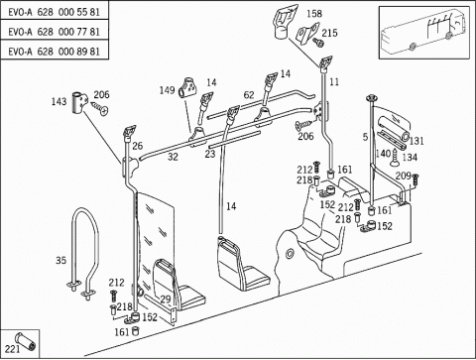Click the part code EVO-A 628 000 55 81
tap(54, 12)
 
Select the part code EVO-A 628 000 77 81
tap(54, 32)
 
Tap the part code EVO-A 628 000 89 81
tap(54, 52)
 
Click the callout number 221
tap(12, 349)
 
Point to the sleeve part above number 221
tap(26, 341)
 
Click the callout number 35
tap(60, 261)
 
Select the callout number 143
tap(59, 101)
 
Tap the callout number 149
tap(167, 90)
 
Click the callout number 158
tap(314, 14)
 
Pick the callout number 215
tap(329, 33)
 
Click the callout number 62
tap(249, 95)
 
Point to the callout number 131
tap(416, 141)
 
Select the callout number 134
tap(410, 158)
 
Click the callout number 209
tap(403, 176)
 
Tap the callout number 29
tap(166, 300)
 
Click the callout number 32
tap(173, 157)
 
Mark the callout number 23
tap(210, 154)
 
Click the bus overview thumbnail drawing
tap(424, 33)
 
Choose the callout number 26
tap(137, 146)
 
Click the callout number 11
tap(334, 81)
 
